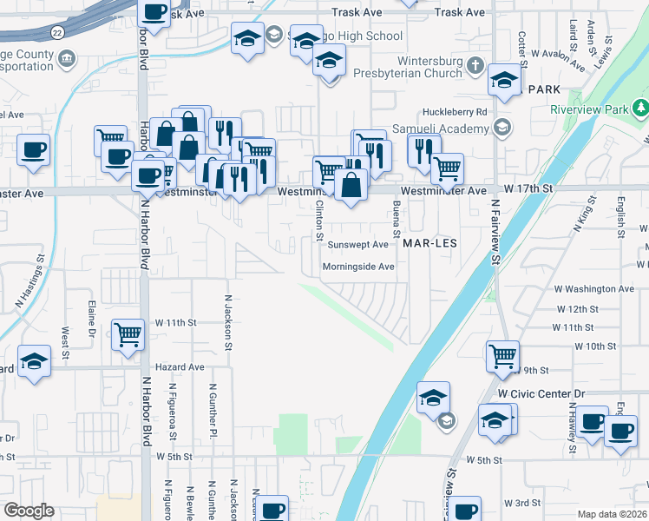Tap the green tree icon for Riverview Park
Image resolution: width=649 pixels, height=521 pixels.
point(640,109)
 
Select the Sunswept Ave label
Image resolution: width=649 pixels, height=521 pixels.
point(357,245)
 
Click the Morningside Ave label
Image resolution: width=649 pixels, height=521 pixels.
point(358,267)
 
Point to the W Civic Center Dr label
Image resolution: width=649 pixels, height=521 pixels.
point(542,393)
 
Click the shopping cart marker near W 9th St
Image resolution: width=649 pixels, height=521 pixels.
point(502,355)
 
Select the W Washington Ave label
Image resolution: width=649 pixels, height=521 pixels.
point(594,288)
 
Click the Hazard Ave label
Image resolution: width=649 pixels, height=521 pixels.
point(180,367)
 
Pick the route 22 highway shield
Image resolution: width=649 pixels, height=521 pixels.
point(56,32)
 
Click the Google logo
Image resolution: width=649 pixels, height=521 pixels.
point(29,511)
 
